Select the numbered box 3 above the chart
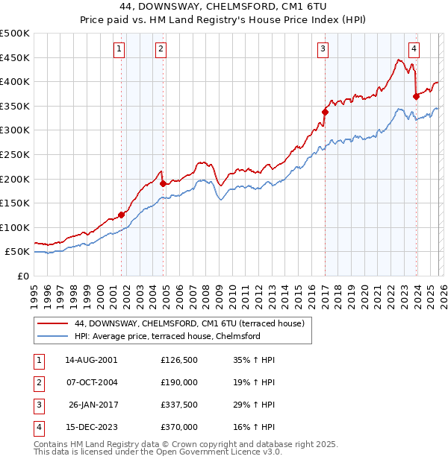coord(323,49)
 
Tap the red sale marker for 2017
coord(325,113)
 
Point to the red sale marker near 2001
coord(121,215)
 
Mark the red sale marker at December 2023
coord(416,96)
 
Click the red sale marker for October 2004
coord(163,183)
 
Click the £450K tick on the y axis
coord(15,57)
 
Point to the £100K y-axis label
coord(15,227)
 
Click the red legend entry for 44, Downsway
coord(189,324)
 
